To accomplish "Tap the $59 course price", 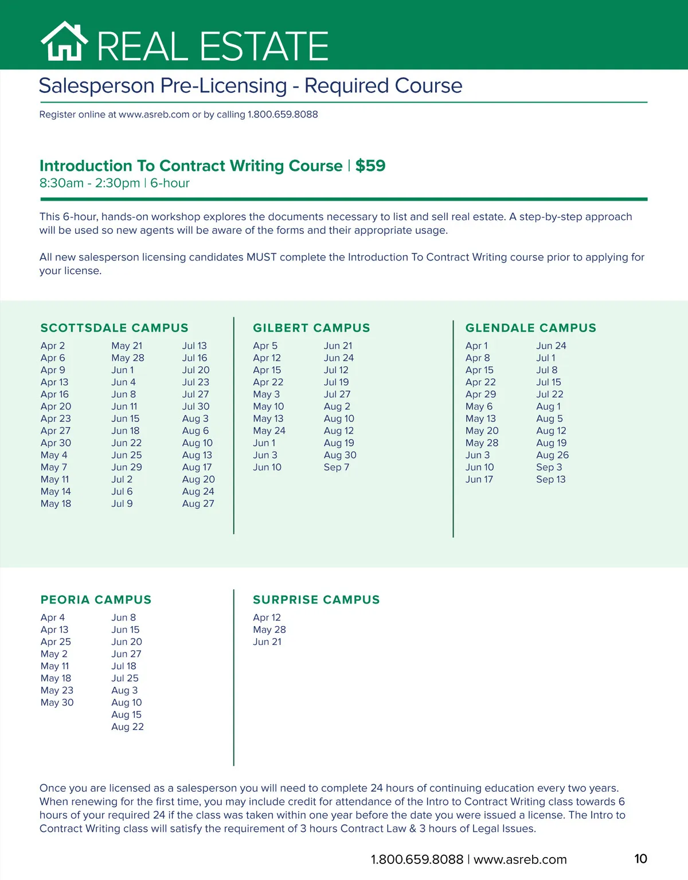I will [370, 166].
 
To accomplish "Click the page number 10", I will [640, 859].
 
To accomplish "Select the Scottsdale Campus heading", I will [114, 328].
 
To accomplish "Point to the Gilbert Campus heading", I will [311, 328].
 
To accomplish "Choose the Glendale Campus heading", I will [530, 328].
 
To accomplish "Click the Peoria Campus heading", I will [96, 600].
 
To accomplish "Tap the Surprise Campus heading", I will [316, 600].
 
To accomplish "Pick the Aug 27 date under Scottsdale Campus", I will [198, 503].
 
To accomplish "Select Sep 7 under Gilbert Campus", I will [336, 467].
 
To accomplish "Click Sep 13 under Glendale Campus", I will [550, 479].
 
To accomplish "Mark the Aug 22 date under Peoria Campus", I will [127, 727].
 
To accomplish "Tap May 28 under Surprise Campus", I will [269, 629].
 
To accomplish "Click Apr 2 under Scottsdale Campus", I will [53, 346].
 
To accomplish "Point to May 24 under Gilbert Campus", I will [269, 431].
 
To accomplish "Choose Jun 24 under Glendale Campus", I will [551, 346].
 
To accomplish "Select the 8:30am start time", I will [61, 183].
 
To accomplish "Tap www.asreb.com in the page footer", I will [520, 859].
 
